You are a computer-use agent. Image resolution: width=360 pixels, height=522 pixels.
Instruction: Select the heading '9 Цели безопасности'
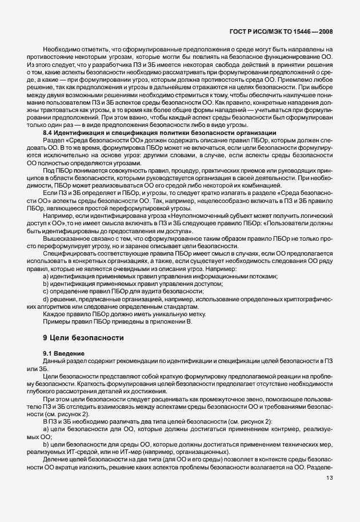click(81, 338)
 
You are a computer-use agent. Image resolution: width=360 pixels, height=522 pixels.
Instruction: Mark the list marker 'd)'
click(46, 300)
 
